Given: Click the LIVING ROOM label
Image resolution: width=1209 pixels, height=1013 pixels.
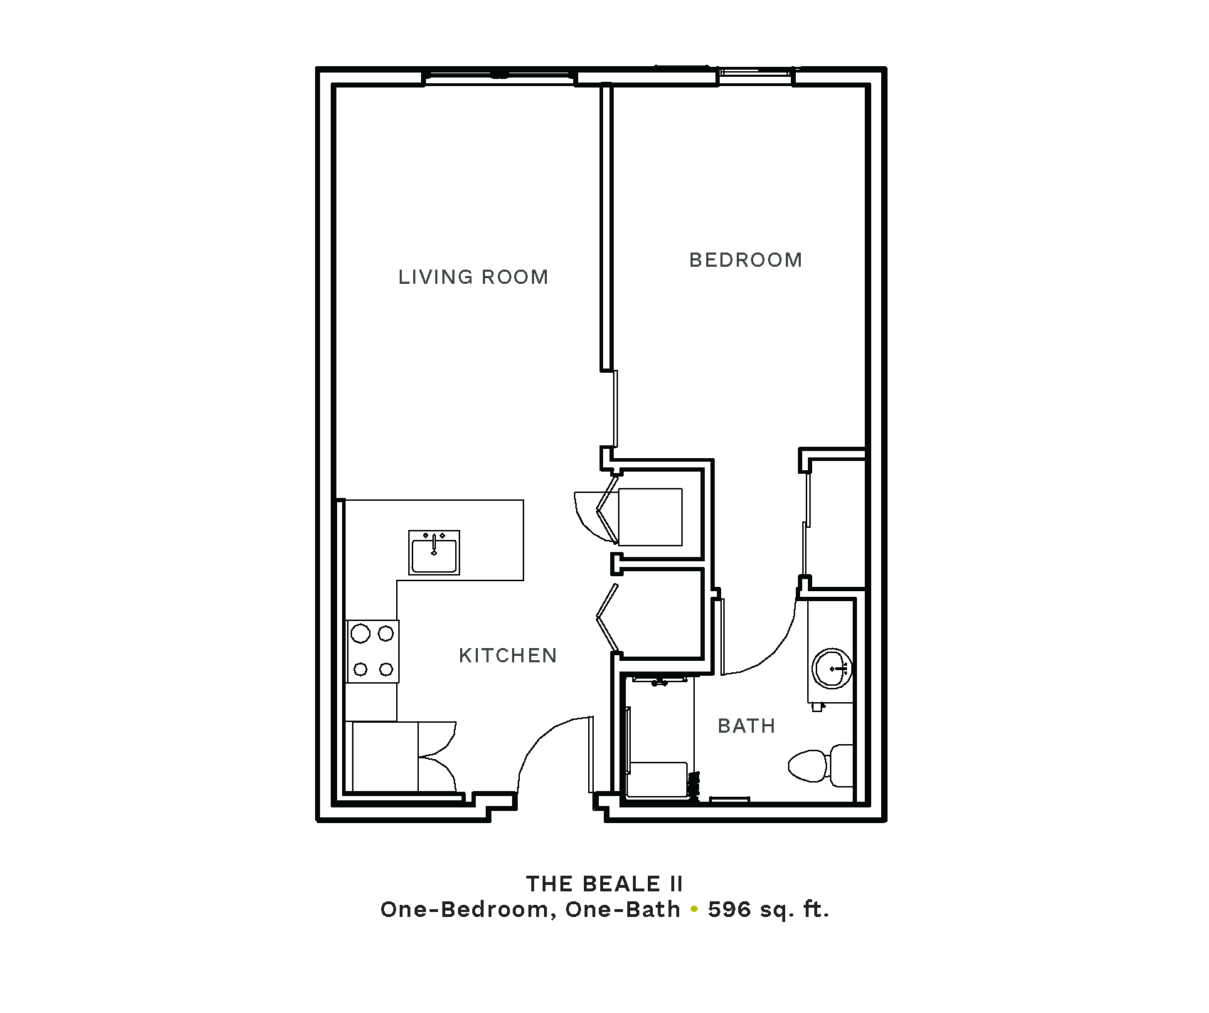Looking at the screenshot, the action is (473, 277).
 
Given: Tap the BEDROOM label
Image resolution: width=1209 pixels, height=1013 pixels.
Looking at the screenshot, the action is (745, 260).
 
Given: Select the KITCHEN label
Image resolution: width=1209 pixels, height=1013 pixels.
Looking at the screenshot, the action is (508, 655).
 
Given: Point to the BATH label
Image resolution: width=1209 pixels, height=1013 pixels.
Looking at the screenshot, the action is (746, 726).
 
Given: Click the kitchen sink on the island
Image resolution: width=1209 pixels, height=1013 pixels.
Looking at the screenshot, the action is (434, 552).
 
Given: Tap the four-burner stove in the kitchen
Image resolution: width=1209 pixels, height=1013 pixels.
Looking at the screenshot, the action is (372, 651).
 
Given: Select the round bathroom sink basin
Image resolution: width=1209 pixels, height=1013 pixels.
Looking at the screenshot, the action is (831, 669).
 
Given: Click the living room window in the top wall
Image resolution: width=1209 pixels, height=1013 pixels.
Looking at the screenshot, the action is (499, 77).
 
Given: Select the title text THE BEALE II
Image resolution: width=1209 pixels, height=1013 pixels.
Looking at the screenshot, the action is (604, 884).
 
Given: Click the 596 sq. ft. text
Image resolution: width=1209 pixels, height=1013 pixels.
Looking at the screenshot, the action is (769, 909).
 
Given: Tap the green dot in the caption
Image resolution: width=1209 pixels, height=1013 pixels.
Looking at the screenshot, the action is (694, 910).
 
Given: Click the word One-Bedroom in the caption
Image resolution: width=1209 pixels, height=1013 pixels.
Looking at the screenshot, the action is (467, 909).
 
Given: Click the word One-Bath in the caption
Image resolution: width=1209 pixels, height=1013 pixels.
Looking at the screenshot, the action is (623, 909).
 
